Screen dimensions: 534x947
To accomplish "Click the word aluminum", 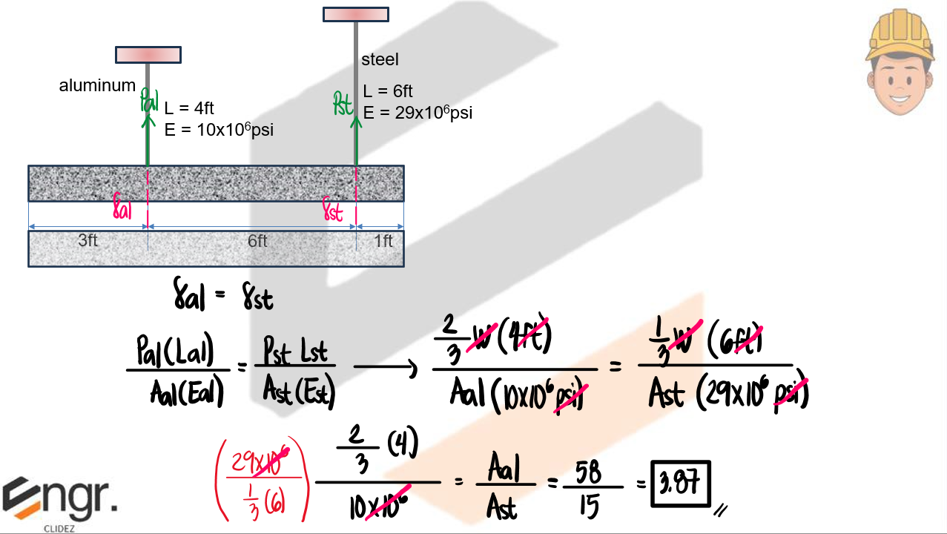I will tap(97, 86).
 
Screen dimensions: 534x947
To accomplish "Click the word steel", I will tap(380, 59).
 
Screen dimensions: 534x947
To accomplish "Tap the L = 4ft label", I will tap(189, 109).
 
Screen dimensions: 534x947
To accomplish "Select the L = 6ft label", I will tap(388, 92).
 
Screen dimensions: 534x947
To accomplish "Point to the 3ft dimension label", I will tap(88, 241).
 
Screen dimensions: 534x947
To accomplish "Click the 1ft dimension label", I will tap(383, 241).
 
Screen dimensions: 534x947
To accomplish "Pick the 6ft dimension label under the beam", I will tap(257, 241).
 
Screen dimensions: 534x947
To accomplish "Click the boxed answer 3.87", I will tap(680, 484).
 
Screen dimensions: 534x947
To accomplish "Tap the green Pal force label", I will tap(148, 100).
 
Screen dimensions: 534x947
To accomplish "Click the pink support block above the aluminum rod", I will tap(148, 55).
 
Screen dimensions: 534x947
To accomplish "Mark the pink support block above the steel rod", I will tap(356, 14).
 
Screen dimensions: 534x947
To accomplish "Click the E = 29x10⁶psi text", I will tap(418, 113).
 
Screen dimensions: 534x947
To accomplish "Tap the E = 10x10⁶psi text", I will tap(219, 130).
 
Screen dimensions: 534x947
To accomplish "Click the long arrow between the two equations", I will tap(385, 367).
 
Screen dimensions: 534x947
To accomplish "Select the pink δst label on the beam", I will tap(334, 212).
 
